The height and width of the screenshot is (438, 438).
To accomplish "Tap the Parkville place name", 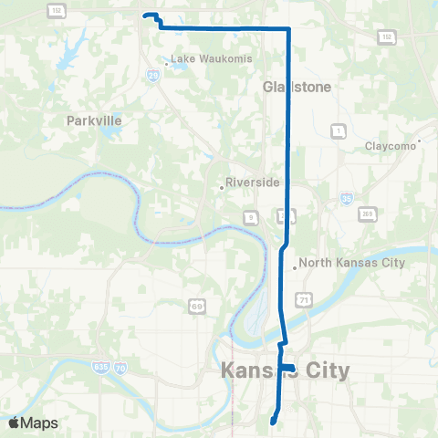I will coord(94,120).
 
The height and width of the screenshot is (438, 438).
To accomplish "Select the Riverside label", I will coord(253,182).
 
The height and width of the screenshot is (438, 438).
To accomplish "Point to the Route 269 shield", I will coord(368,213).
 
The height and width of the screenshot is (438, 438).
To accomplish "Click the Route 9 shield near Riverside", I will coord(249,215).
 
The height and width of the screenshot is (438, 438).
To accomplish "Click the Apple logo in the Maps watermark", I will coord(14,423).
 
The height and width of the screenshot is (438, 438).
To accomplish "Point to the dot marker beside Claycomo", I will coord(418,141).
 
